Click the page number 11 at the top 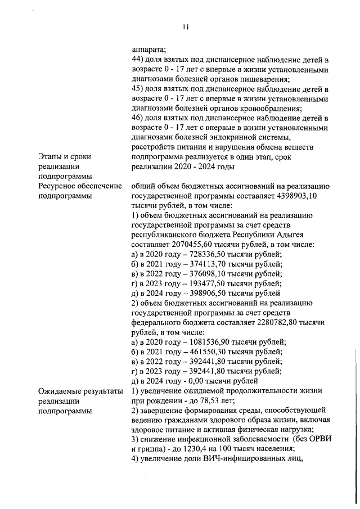(186, 26)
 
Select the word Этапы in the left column (51, 157)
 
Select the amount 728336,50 (200, 255)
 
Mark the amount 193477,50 (199, 283)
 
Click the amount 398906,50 (200, 294)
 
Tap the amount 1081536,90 (202, 342)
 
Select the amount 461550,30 (200, 352)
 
